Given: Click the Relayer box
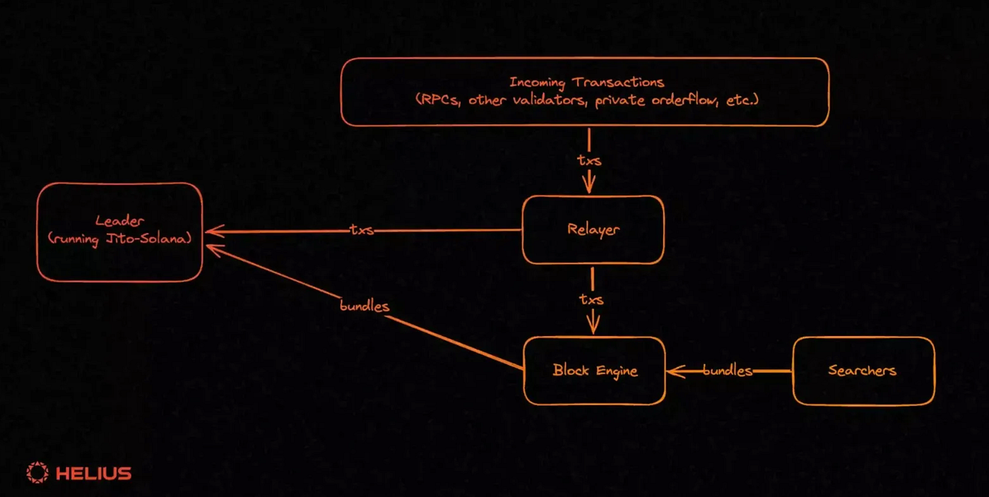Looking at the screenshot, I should tap(593, 230).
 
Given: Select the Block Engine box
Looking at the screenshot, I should tap(594, 371).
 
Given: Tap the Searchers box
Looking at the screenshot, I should tap(863, 371).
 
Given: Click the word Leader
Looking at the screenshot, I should tap(119, 222).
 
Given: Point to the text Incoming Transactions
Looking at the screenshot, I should tap(586, 83).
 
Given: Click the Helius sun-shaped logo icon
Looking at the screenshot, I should tap(37, 473).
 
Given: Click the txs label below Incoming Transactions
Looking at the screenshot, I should tap(589, 160).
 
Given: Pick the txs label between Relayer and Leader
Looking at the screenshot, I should tap(361, 230).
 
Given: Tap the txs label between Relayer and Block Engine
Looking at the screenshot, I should tap(592, 299).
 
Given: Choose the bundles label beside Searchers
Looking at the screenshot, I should tap(727, 371).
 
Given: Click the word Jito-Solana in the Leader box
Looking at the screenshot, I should tap(146, 239).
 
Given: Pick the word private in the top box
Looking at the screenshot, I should tap(620, 100).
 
